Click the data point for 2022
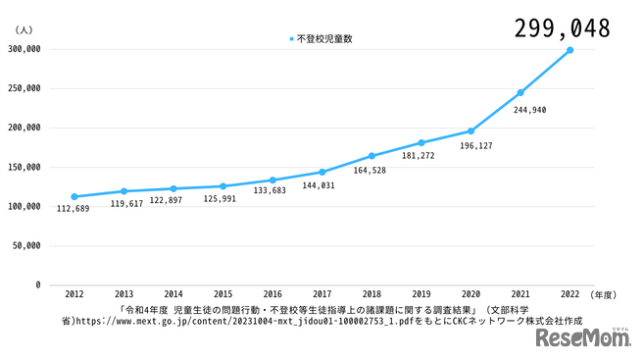(x=570, y=50)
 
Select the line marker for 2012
(x=74, y=196)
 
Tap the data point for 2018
(x=372, y=156)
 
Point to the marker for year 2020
(x=471, y=131)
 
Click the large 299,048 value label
(x=562, y=27)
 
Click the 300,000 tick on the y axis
(x=23, y=48)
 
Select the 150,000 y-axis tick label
(x=23, y=167)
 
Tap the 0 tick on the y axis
(x=37, y=285)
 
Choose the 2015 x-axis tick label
(x=223, y=293)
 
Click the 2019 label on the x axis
(x=421, y=293)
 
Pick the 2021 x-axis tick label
(x=520, y=293)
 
